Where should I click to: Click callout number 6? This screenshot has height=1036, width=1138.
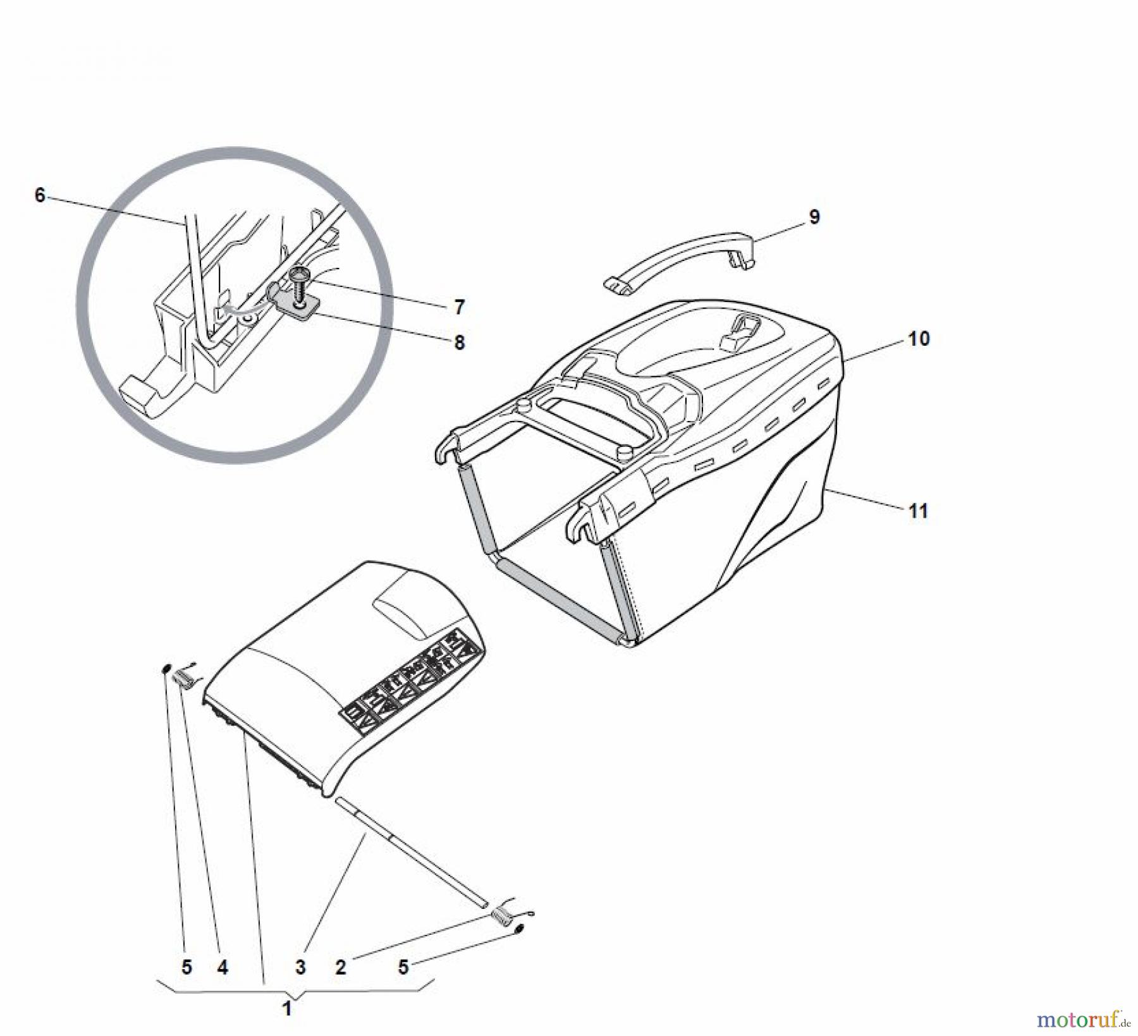click(x=40, y=196)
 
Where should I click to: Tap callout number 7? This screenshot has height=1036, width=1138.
click(x=460, y=308)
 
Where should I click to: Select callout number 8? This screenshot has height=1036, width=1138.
click(x=460, y=343)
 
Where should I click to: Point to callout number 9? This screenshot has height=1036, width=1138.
click(x=814, y=217)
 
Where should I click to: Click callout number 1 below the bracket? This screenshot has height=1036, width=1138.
click(x=286, y=1009)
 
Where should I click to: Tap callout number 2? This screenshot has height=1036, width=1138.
click(x=341, y=967)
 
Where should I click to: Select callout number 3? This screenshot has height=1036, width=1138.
click(x=300, y=967)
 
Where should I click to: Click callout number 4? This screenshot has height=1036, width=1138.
click(x=223, y=967)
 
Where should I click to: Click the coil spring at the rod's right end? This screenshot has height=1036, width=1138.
click(x=506, y=917)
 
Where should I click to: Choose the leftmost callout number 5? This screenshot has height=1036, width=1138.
click(x=187, y=967)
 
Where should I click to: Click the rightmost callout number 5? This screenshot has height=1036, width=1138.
click(x=403, y=967)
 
